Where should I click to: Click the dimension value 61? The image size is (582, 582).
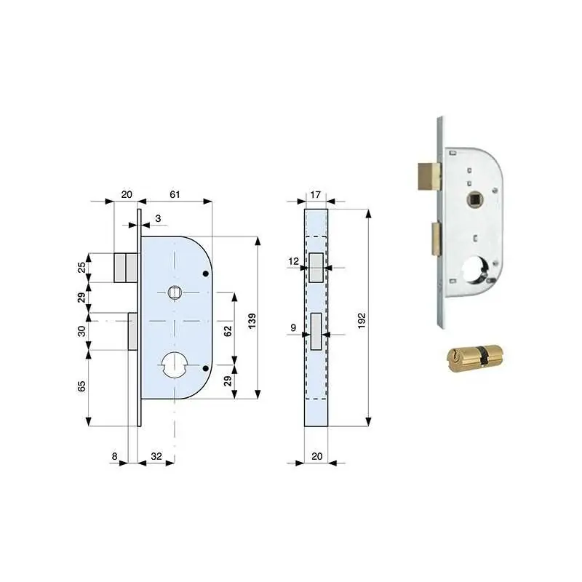coord(175,194)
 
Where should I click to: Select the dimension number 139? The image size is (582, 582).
coord(252,321)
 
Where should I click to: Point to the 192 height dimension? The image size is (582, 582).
coord(362,321)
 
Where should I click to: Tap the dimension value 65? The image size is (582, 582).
coord(81,386)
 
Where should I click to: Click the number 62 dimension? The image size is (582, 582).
coord(228,331)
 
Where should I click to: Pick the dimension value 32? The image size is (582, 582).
coord(156,456)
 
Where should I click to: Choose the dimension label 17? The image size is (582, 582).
coord(315,194)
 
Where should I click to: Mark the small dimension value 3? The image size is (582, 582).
coord(158,218)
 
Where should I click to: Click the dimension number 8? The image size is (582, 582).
coord(115,456)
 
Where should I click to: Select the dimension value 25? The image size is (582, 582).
coord(81,267)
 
